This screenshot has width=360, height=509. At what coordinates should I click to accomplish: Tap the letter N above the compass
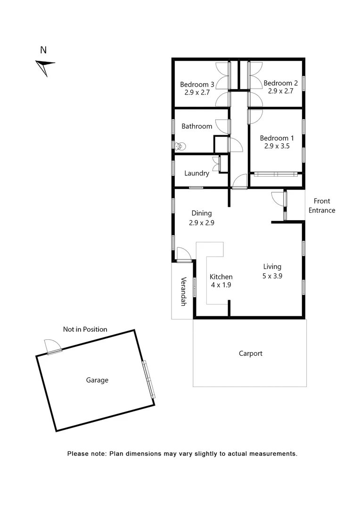43,49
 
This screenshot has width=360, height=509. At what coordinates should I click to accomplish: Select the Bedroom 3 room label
197,85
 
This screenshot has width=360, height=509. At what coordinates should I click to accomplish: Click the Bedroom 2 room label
281,83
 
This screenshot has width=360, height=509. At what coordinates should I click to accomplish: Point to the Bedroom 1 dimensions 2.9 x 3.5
277,147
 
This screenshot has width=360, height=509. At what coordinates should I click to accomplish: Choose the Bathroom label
197,126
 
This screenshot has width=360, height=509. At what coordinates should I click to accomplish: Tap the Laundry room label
196,173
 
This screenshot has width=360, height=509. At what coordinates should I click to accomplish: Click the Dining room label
201,213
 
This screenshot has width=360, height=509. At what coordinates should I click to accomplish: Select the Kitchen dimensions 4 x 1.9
221,285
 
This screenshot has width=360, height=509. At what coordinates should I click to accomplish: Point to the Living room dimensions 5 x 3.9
272,277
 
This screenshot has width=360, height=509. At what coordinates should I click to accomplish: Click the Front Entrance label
322,206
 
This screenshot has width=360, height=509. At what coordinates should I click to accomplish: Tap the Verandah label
183,291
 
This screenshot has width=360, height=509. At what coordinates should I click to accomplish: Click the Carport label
250,353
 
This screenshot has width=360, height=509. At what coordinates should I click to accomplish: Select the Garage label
97,380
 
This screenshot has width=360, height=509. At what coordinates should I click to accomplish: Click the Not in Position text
85,329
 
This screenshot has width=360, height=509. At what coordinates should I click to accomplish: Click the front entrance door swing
279,198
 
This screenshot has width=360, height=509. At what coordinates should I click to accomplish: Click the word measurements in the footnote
273,454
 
